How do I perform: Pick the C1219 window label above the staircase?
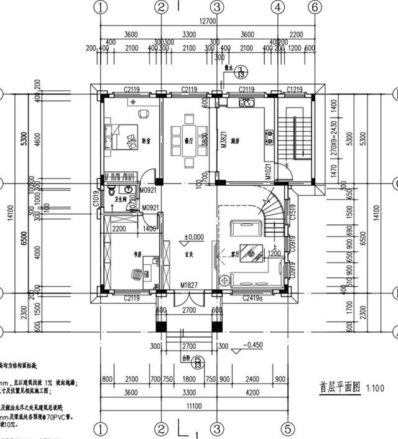click(x=295, y=90)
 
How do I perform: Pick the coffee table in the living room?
click(x=251, y=252)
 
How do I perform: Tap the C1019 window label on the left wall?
click(x=96, y=198)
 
